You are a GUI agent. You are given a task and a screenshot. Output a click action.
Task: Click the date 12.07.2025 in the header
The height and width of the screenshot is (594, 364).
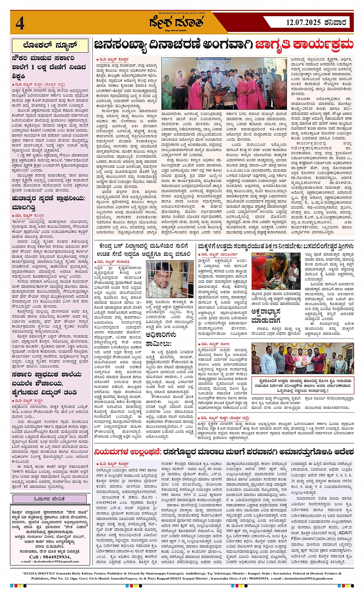pos(303,22)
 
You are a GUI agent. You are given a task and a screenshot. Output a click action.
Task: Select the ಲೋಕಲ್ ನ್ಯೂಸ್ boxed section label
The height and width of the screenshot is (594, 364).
pos(50,45)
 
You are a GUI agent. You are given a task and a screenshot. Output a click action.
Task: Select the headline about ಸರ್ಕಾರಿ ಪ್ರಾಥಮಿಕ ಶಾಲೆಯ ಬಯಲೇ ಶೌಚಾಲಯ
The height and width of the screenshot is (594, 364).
pos(46,383)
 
